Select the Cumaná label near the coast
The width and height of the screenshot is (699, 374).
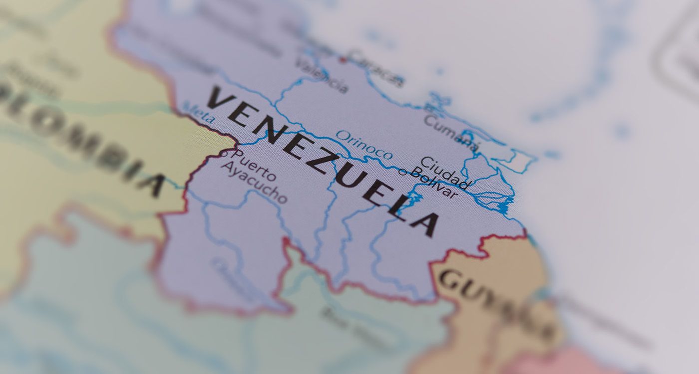pyautogui.click(x=451, y=132)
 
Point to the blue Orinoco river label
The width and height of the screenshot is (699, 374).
pyautogui.click(x=364, y=145)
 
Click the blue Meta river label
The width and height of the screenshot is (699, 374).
pyautogui.click(x=199, y=113)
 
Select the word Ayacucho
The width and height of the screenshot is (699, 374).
pyautogui.click(x=254, y=183)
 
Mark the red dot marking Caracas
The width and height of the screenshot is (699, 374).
pyautogui.click(x=343, y=59)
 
